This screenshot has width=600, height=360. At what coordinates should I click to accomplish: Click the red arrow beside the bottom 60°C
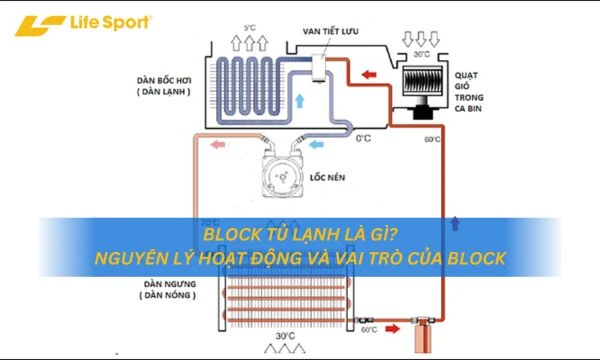pyautogui.click(x=396, y=327)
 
